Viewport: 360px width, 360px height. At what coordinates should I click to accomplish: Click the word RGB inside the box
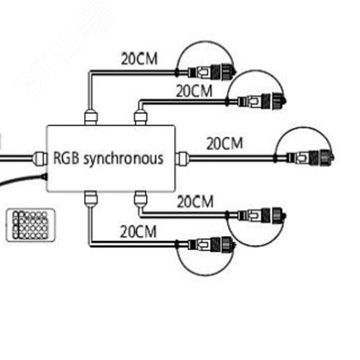coord(66,158)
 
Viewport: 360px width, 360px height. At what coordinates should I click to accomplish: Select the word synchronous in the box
coord(124,159)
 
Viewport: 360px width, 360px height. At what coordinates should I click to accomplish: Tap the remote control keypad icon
coord(30,225)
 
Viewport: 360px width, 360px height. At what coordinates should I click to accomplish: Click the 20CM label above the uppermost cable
coord(139,59)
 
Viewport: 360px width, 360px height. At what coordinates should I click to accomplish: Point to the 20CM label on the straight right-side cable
coord(225,143)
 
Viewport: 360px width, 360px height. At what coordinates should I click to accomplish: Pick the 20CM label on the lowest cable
coord(138,232)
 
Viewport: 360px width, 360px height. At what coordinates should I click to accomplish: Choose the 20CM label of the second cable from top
coord(194,91)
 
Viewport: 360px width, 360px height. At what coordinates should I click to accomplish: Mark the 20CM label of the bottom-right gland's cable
coord(195,202)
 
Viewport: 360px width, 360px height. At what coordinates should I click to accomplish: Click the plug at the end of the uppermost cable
coord(212,72)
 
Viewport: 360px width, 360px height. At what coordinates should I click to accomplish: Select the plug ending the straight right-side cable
coord(310,158)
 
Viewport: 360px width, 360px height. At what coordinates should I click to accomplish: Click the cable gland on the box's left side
coord(40,158)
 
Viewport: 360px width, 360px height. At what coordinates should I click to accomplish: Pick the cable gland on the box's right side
coord(181,158)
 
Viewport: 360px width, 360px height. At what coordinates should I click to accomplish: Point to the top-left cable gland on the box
coord(91,117)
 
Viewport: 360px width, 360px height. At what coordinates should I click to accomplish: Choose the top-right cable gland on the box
coord(140,117)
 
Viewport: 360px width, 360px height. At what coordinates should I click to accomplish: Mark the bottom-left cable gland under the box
coord(91,199)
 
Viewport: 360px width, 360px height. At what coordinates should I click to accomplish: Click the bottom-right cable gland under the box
coord(140,199)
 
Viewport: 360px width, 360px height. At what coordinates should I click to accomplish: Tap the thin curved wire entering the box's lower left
coord(22,178)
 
